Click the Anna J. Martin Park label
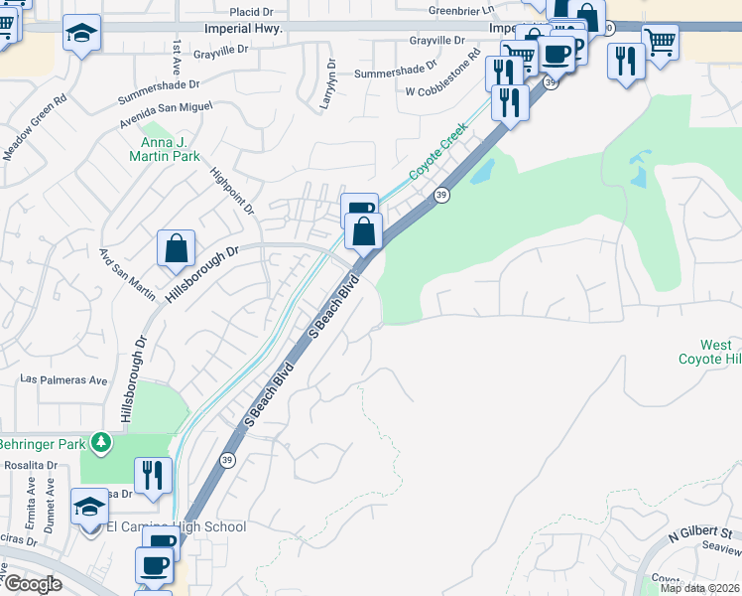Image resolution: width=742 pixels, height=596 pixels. (164, 149)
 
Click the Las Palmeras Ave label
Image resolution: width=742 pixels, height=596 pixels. (63, 380)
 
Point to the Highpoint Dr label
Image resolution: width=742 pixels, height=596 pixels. (233, 189)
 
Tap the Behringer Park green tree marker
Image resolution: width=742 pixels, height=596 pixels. (99, 441)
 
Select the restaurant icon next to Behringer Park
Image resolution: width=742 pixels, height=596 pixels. (152, 475)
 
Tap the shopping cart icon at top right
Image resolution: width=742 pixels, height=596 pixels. (660, 42)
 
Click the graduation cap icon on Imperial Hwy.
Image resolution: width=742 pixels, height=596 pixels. (82, 34)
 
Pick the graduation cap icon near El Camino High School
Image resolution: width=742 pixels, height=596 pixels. (89, 507)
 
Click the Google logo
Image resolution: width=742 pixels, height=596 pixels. (33, 584)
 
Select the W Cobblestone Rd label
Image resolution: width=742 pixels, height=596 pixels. (442, 90)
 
